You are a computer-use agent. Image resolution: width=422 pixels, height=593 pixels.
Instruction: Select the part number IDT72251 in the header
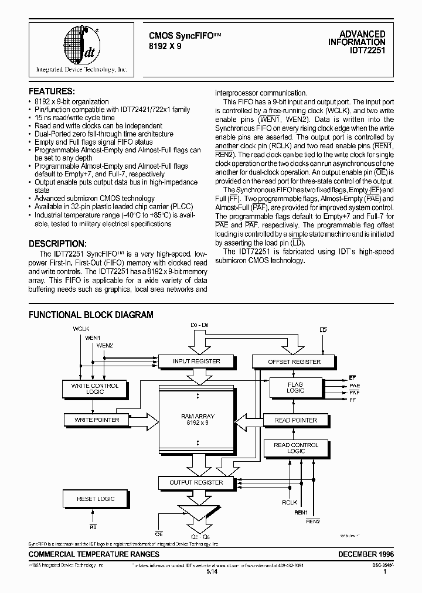[368, 50]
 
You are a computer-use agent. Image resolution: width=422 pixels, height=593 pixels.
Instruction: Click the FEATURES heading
[52, 91]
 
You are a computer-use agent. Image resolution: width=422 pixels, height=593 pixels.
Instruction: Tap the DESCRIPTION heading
[57, 244]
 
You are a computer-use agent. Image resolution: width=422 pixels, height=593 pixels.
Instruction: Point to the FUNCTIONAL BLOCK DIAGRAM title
[91, 315]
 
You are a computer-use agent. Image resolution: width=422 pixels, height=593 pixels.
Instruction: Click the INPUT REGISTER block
[196, 362]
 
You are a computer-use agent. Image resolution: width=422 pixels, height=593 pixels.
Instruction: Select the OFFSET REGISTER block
[294, 362]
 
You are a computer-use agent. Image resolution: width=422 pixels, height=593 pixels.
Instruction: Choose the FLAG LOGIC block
[295, 388]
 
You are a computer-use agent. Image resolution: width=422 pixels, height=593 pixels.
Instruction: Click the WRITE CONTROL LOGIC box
[94, 388]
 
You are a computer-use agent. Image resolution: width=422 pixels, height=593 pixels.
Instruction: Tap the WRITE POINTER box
[97, 420]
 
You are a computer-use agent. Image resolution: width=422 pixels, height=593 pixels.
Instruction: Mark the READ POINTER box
[296, 420]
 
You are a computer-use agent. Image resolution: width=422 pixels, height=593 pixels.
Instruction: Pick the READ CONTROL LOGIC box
[296, 448]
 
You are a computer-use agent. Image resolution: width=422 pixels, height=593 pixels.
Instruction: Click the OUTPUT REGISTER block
[196, 483]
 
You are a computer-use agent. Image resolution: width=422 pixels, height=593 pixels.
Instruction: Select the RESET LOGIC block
[96, 499]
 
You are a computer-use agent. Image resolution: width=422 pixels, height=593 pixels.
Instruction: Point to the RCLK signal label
[290, 502]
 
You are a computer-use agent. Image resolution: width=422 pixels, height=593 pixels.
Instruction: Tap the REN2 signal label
[313, 521]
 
